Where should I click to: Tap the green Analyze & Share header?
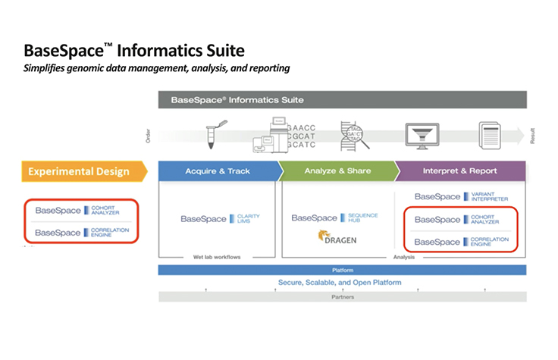(x=337, y=171)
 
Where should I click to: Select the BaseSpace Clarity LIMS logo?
(x=220, y=218)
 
